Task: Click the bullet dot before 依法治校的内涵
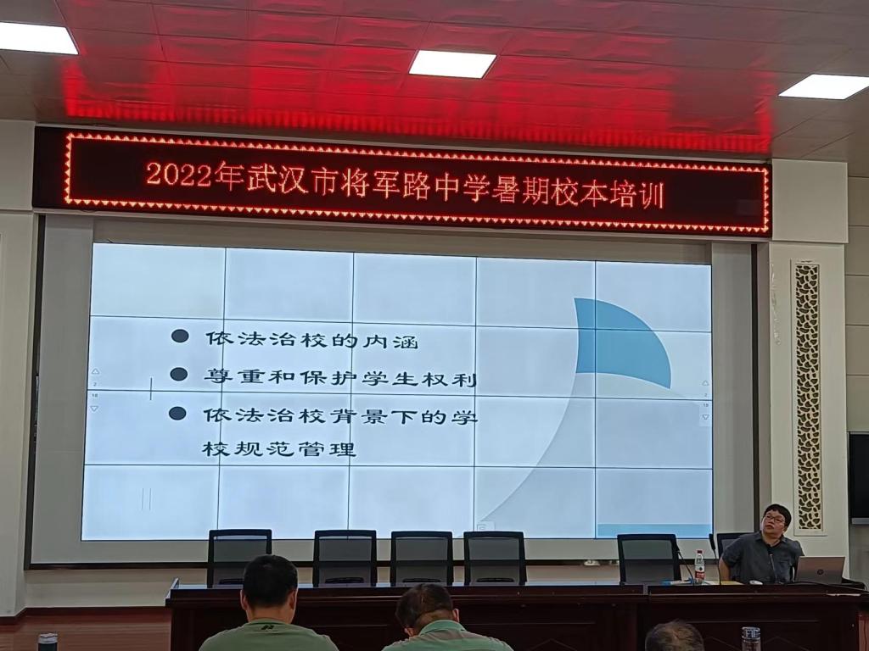coord(180,336)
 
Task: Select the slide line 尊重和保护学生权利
coord(339,377)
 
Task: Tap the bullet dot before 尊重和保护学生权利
coord(178,374)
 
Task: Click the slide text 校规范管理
coord(278,448)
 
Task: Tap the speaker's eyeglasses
coord(773,519)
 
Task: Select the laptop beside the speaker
coord(820,570)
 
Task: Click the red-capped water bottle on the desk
coord(699,567)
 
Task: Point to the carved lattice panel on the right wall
coord(808,394)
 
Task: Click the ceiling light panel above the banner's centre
coord(451,64)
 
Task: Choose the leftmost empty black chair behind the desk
coord(238,556)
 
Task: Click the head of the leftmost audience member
coord(270,584)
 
